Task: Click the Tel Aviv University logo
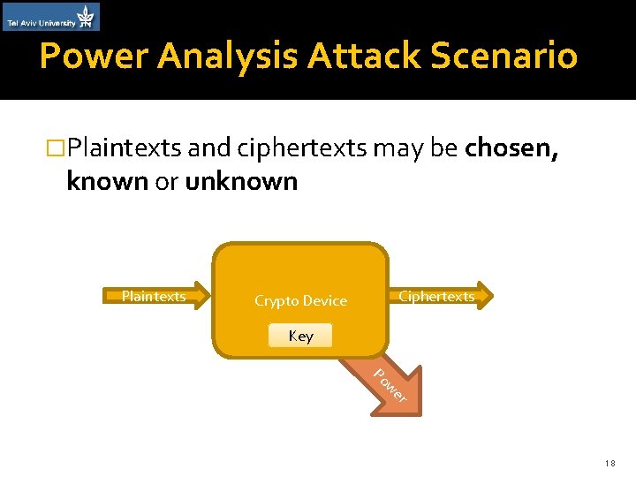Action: (x=51, y=16)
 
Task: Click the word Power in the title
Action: (x=96, y=57)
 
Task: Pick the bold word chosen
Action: (x=511, y=147)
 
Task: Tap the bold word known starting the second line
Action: (x=106, y=181)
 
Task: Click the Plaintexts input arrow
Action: (x=156, y=296)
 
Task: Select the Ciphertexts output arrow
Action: (x=439, y=296)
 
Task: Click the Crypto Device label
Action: (x=300, y=301)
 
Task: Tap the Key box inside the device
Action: (x=300, y=336)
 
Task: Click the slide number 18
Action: (x=610, y=462)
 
